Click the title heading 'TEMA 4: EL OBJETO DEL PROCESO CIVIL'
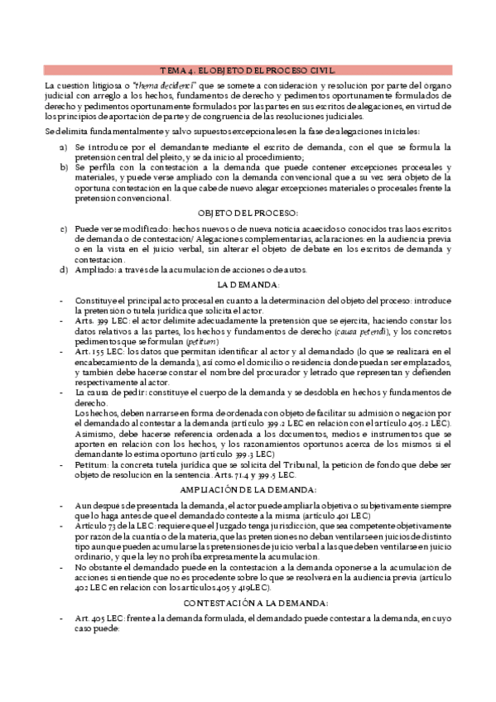(x=248, y=70)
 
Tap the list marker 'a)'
(x=64, y=147)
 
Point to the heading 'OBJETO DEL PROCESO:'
(x=248, y=213)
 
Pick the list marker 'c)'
(x=64, y=228)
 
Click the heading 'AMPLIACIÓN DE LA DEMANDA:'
(x=248, y=488)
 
